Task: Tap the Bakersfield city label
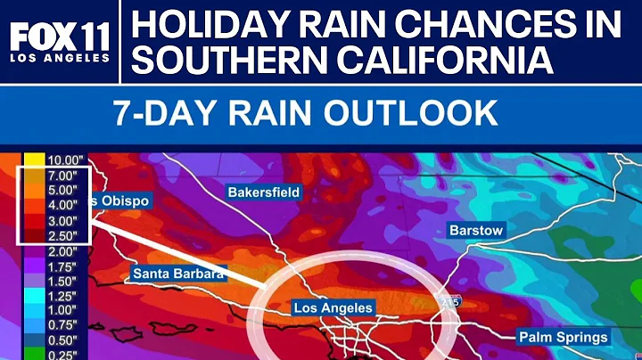click(264, 192)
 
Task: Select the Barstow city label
click(476, 230)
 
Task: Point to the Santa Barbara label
click(177, 274)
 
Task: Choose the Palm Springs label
click(564, 337)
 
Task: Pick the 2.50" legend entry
click(56, 235)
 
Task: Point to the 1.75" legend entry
click(56, 266)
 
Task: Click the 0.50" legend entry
click(56, 341)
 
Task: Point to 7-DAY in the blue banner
click(163, 114)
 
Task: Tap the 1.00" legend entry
click(56, 311)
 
